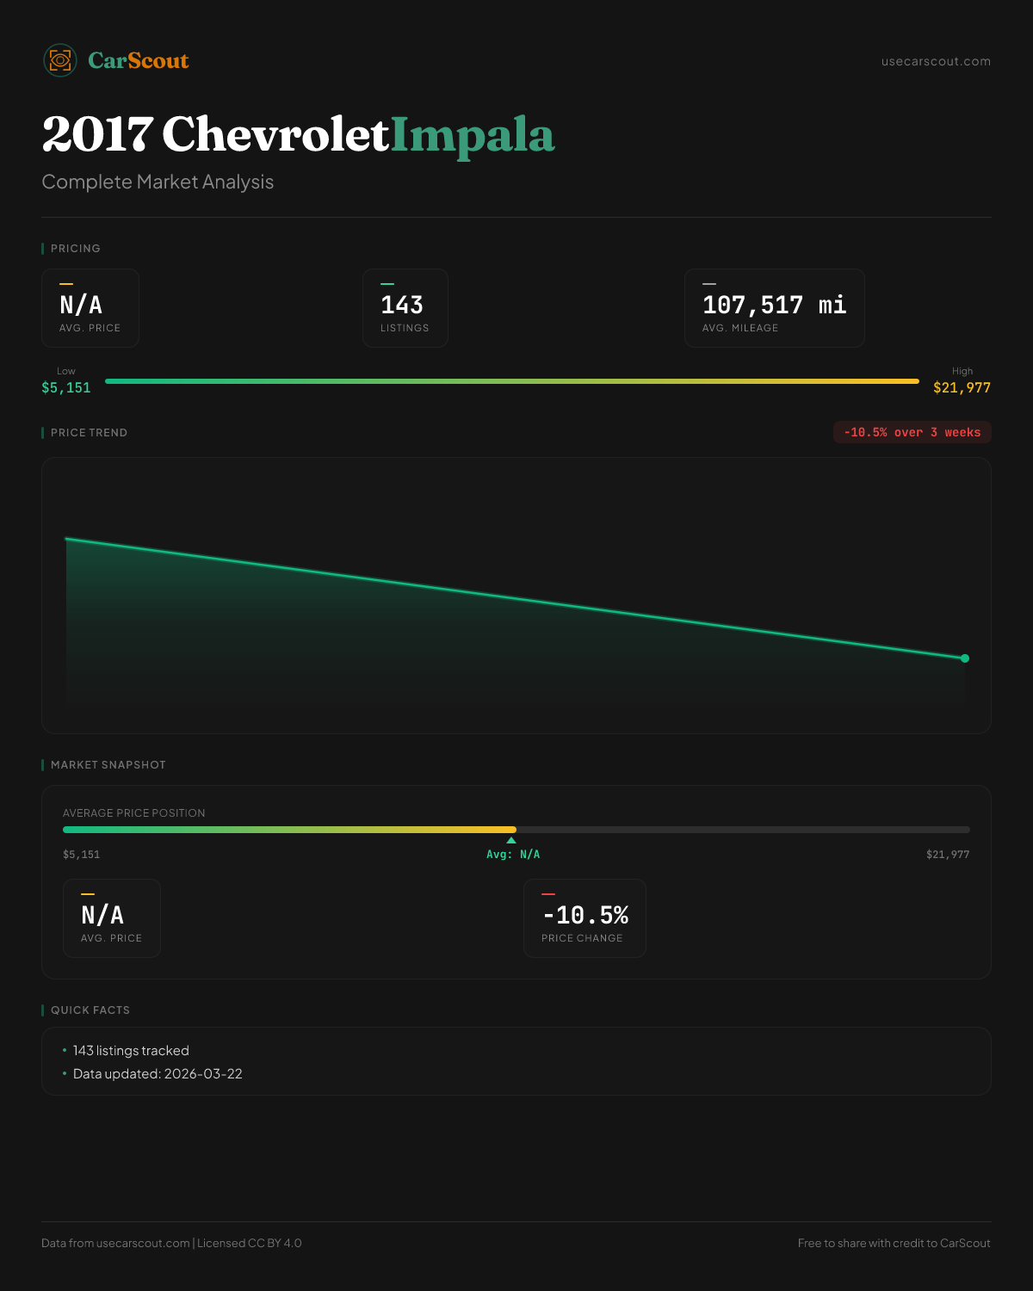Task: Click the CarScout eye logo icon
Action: click(60, 60)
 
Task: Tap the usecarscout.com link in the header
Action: click(936, 61)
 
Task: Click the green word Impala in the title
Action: click(473, 135)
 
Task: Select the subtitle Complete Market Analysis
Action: click(158, 182)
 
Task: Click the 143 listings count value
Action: click(402, 306)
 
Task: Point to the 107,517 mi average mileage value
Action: click(774, 306)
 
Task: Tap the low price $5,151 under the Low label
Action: click(66, 388)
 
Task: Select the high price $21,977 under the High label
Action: click(962, 388)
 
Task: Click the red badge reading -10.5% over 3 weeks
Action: click(912, 432)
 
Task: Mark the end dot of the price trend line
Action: click(965, 658)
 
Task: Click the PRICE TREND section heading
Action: click(89, 433)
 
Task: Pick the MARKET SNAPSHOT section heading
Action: click(108, 765)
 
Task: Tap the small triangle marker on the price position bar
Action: click(511, 840)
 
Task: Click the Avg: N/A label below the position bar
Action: click(513, 855)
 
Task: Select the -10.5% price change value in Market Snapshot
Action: click(585, 916)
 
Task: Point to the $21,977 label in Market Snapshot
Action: click(947, 855)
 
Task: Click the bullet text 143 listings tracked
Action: click(131, 1051)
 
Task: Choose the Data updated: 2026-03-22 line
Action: click(158, 1074)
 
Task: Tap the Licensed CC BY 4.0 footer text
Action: click(249, 1244)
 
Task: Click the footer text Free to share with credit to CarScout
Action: click(894, 1244)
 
